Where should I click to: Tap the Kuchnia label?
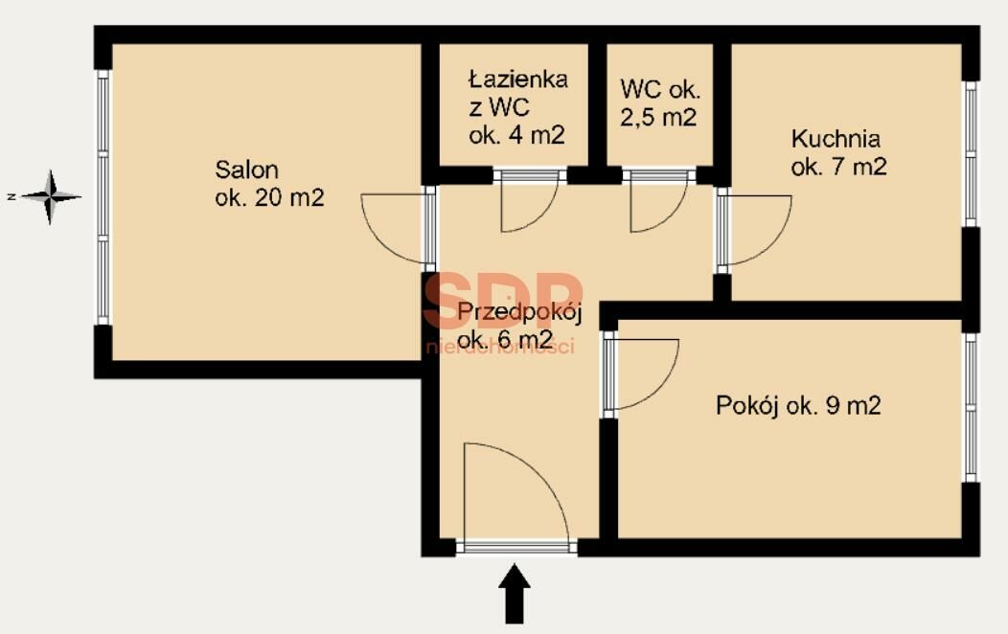(836, 138)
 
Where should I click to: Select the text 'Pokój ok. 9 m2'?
(798, 405)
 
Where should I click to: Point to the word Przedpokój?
(519, 313)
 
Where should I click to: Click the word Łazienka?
(518, 79)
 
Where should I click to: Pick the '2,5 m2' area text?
(658, 118)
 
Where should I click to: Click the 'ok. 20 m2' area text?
(269, 197)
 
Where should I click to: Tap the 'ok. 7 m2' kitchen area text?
(839, 167)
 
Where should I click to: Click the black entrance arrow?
(515, 594)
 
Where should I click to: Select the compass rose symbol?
(50, 196)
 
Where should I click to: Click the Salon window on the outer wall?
(103, 196)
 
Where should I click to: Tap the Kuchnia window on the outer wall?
(971, 154)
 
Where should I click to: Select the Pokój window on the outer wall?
(971, 407)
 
